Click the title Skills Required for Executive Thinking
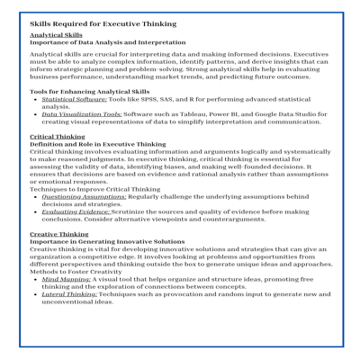103,24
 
